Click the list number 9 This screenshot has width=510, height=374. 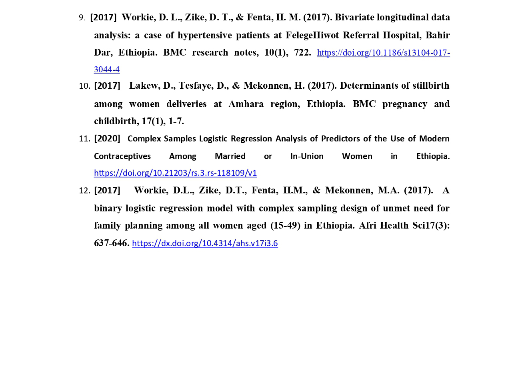(82, 18)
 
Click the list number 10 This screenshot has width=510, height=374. (85, 86)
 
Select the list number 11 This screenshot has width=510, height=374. (85, 139)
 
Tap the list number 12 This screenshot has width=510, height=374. (85, 191)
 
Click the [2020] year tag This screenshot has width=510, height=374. (107, 139)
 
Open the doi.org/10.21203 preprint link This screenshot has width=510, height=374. (175, 173)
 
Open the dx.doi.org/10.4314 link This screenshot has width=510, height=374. (205, 243)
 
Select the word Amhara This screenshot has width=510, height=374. (246, 104)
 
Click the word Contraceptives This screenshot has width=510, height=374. (122, 156)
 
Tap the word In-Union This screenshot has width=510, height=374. (307, 156)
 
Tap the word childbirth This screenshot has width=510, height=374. (116, 121)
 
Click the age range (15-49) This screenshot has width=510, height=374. (285, 226)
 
